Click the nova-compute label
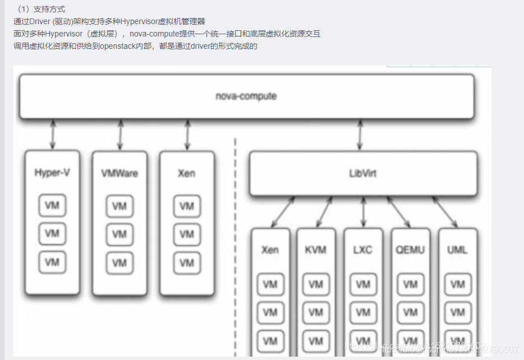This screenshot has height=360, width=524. [246, 96]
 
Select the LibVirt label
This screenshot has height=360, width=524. [362, 173]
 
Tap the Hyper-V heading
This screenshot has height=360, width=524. [52, 173]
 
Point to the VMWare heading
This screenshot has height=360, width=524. [119, 173]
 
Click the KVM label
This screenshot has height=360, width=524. [316, 250]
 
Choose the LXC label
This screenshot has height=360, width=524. [363, 250]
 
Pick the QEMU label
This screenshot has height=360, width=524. [410, 250]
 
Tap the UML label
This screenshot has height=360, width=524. [457, 250]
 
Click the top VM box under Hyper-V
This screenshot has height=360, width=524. [52, 205]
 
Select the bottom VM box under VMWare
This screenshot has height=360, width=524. [119, 263]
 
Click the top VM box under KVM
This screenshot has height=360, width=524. [316, 284]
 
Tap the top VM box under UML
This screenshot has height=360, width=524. [457, 284]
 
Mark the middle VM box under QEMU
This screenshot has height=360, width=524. [410, 312]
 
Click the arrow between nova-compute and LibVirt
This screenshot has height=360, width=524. [360, 134]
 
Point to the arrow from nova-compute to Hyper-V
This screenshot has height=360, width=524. [53, 133]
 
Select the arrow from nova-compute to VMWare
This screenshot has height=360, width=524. [120, 133]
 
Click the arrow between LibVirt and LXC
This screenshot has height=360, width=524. [364, 212]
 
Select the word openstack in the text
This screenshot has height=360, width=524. [116, 46]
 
